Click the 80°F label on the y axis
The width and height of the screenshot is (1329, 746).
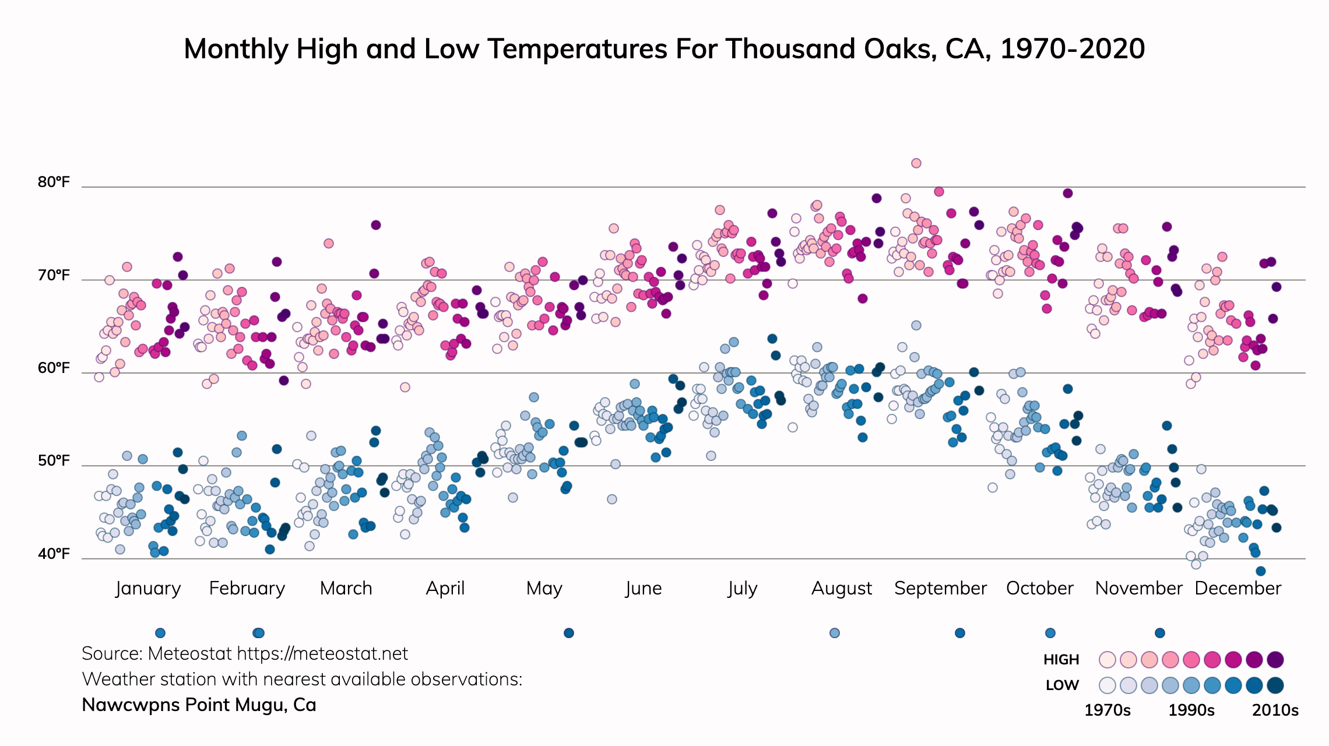coord(54,182)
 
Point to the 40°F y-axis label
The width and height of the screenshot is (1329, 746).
coord(54,554)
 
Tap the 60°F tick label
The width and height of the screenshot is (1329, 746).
coord(54,368)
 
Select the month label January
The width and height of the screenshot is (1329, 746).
coord(148,588)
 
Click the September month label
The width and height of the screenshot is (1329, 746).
coord(940,588)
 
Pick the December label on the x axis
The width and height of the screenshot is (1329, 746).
coord(1237,588)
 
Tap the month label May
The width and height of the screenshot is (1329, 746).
coord(544,588)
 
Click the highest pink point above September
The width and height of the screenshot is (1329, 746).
coord(916,163)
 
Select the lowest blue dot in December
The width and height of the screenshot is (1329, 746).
coord(1261,571)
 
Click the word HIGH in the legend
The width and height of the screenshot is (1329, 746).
coord(1061,660)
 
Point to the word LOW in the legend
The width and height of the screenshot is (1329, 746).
coord(1062,685)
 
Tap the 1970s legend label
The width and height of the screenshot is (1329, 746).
coord(1107,710)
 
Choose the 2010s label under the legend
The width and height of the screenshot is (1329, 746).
coord(1275,710)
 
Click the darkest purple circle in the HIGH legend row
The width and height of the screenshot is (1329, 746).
coord(1275,660)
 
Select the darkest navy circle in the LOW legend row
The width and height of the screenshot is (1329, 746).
coord(1275,685)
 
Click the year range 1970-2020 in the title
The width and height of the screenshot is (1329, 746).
coord(1073,49)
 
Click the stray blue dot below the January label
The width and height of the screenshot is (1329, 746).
coord(160,633)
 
